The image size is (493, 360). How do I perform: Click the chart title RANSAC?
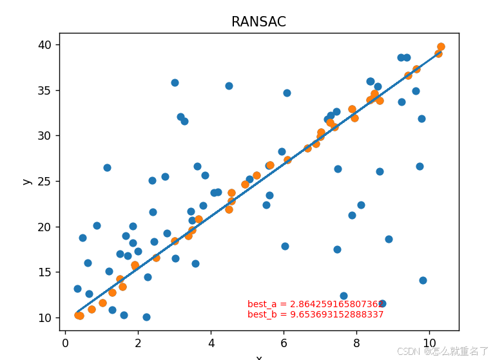point(258,22)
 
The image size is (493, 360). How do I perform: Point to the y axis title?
point(27,182)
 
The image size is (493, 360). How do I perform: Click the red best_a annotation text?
point(316,304)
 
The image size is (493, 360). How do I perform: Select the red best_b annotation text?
point(316,314)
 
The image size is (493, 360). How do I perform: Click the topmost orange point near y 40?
point(441,46)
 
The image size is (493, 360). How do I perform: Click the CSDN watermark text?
point(442,352)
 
